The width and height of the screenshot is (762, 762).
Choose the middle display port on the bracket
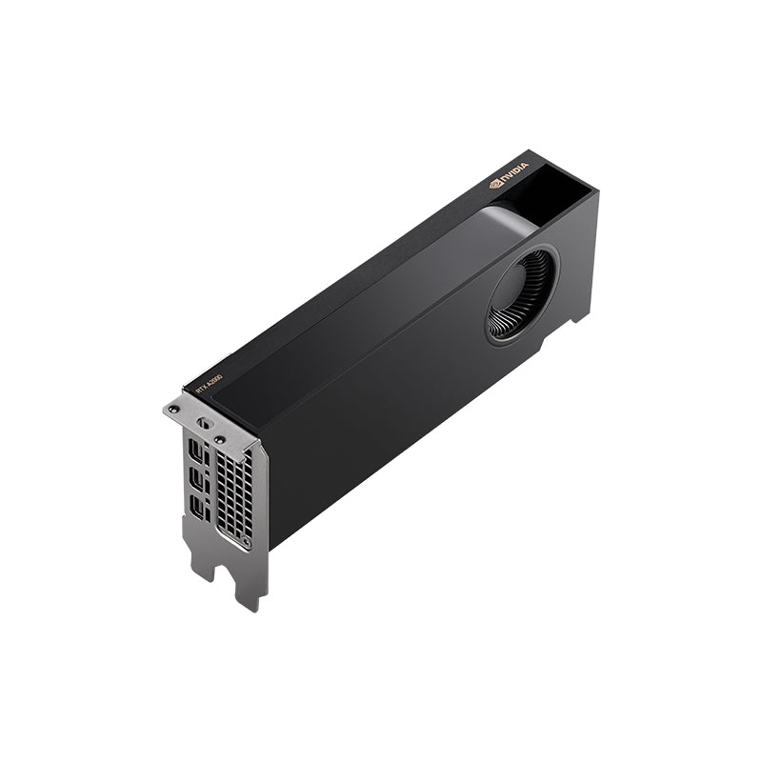click(x=196, y=476)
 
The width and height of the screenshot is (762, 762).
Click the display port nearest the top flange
click(x=196, y=448)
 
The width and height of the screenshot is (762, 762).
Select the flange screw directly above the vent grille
click(x=219, y=439)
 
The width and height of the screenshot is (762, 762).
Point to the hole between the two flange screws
click(x=202, y=423)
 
